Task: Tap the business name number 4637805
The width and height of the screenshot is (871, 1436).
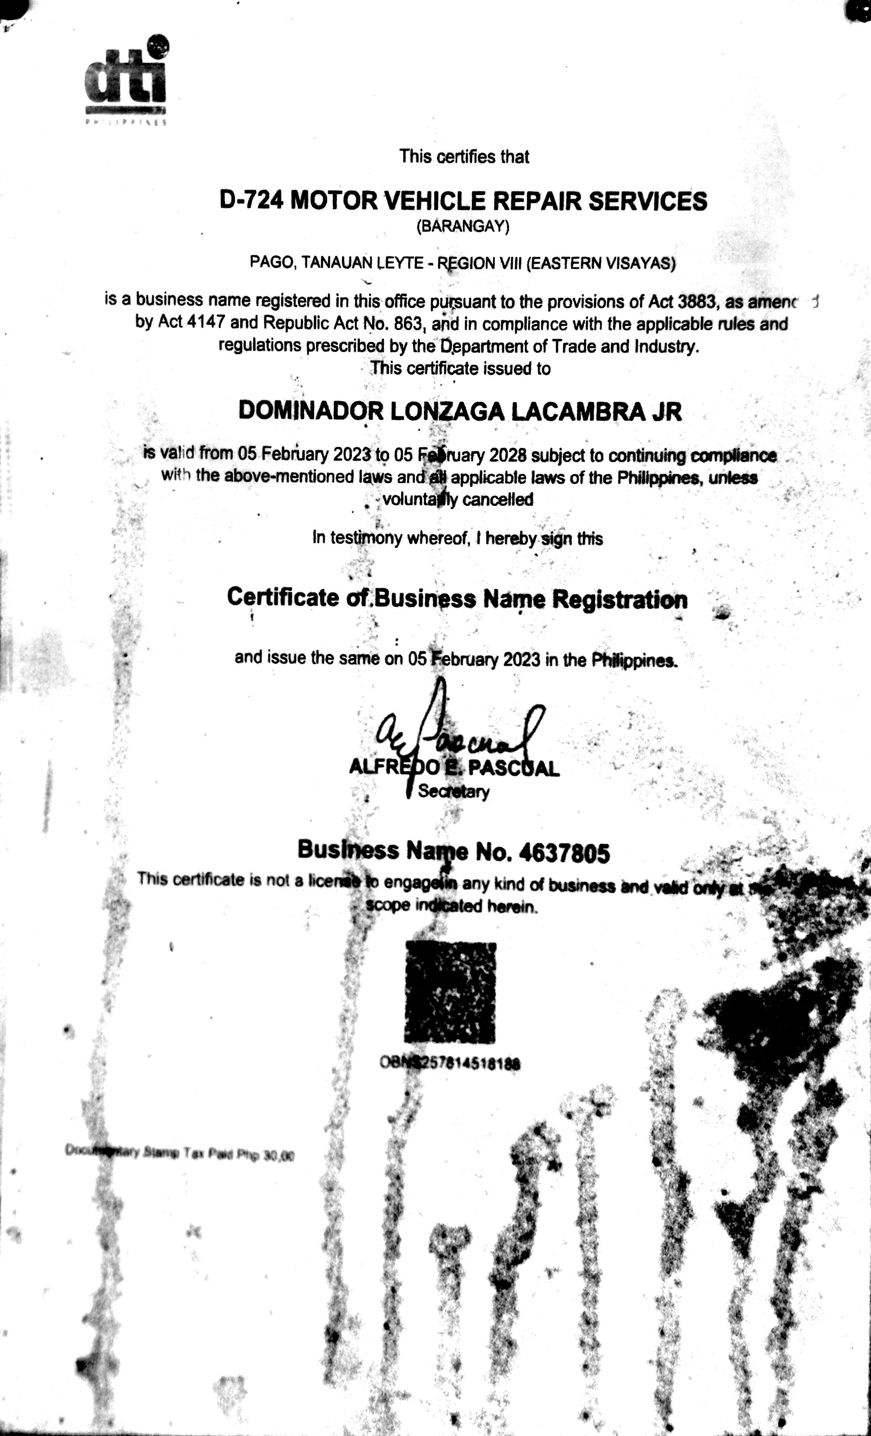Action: pyautogui.click(x=563, y=853)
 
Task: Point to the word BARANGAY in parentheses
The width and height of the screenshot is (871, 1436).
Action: pyautogui.click(x=463, y=227)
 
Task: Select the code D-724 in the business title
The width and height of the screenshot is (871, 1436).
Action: pyautogui.click(x=252, y=201)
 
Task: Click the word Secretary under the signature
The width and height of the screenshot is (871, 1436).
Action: pyautogui.click(x=453, y=791)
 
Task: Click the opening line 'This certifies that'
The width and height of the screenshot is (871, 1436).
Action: pyautogui.click(x=464, y=157)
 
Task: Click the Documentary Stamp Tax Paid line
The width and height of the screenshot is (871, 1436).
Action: pyautogui.click(x=179, y=1152)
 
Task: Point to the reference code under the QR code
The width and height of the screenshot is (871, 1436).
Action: pyautogui.click(x=450, y=1063)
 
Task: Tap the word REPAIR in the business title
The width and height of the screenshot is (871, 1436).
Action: pyautogui.click(x=541, y=201)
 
